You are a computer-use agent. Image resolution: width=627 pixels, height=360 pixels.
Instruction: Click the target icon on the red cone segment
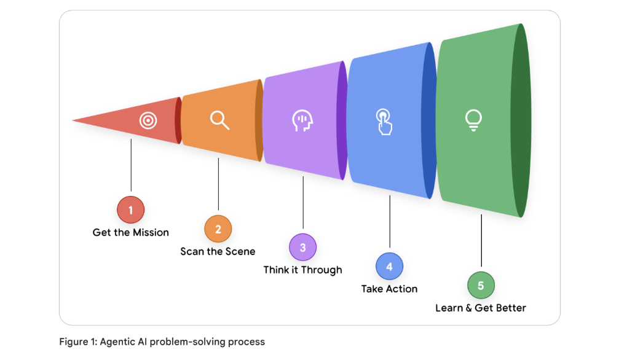click(x=148, y=120)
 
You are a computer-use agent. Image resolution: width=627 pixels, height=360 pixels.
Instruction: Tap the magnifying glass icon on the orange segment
click(x=219, y=119)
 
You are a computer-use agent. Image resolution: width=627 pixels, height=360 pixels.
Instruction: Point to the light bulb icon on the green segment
click(x=473, y=120)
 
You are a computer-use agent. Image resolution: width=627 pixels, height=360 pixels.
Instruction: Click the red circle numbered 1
click(x=130, y=210)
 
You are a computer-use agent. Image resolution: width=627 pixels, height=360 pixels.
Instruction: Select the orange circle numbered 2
click(x=218, y=229)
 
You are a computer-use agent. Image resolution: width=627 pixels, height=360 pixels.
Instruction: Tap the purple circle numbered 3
click(x=302, y=248)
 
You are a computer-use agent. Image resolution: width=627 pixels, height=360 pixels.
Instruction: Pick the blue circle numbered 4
click(x=389, y=267)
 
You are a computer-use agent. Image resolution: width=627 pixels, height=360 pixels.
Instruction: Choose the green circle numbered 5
click(x=480, y=286)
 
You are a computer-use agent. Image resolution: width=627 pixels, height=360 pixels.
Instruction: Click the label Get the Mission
click(x=130, y=232)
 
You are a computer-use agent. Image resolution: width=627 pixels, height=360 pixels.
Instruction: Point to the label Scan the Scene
click(x=218, y=251)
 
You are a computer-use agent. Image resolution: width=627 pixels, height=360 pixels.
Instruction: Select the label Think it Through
click(x=302, y=270)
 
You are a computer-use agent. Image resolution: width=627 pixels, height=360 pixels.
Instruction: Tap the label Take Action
click(x=389, y=289)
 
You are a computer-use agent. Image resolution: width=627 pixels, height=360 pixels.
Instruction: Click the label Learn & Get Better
click(x=480, y=308)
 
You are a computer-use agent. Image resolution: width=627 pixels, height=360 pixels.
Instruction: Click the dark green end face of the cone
click(x=521, y=120)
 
